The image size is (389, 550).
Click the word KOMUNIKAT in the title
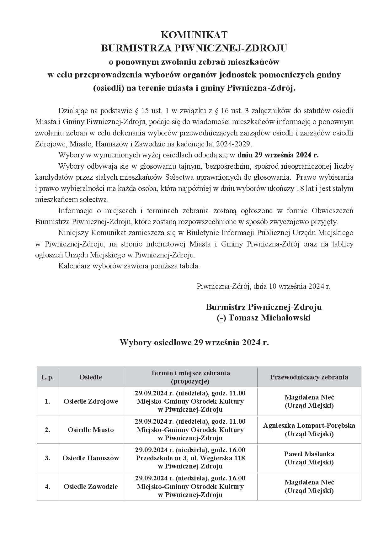(194, 34)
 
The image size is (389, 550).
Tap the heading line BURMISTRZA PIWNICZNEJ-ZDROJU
(194, 48)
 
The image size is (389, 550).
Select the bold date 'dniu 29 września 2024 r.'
(278, 155)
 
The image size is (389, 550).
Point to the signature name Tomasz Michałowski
(269, 318)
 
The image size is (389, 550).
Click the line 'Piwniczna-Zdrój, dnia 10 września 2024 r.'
(264, 286)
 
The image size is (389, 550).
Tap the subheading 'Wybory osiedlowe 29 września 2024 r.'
(194, 342)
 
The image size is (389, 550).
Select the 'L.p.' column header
(47, 377)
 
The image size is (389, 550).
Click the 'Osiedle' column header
(91, 377)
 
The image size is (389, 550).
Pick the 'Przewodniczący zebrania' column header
(309, 377)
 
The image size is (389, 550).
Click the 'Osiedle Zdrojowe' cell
(91, 401)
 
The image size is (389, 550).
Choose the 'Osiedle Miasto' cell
(91, 430)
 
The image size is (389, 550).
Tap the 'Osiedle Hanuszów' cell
(91, 458)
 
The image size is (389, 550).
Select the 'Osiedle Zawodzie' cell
(91, 487)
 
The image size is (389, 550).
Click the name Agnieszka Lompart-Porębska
(309, 426)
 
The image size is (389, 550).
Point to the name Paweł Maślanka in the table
(309, 454)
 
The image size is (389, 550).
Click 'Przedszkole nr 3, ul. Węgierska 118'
(190, 458)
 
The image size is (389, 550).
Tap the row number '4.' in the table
(47, 487)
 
